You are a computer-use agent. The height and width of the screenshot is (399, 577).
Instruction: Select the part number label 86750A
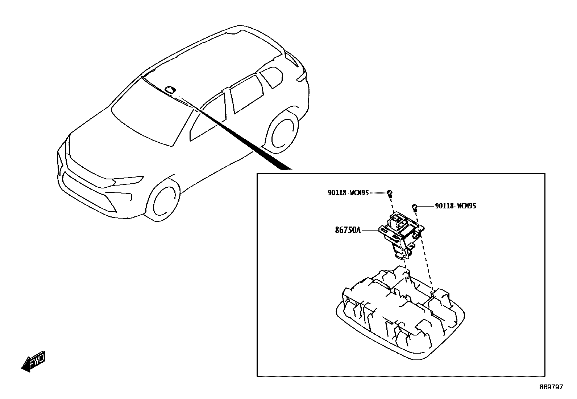click(348, 230)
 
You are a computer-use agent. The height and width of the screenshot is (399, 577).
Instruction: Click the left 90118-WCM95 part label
click(348, 193)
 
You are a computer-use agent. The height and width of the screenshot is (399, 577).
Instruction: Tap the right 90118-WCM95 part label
click(456, 206)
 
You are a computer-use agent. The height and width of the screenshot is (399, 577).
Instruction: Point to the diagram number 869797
click(551, 387)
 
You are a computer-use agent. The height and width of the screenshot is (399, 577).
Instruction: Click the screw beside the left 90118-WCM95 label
click(390, 192)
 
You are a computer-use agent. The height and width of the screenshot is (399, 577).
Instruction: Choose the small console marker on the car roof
click(170, 89)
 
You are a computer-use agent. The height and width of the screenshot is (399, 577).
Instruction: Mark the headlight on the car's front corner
click(127, 180)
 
